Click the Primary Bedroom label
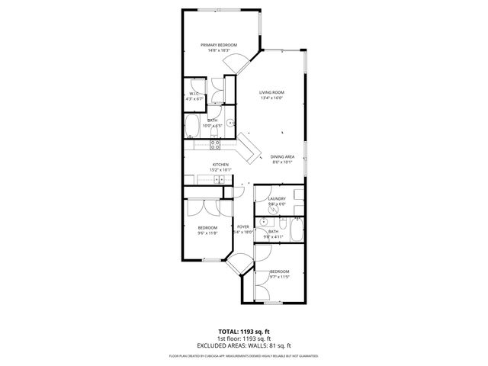219,45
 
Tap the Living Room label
272,92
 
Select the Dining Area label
282,156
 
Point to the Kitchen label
220,165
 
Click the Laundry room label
277,199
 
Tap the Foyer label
243,226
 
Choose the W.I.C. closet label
194,93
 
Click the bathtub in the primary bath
192,127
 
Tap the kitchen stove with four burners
215,143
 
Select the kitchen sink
219,180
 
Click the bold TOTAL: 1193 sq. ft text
243,332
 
